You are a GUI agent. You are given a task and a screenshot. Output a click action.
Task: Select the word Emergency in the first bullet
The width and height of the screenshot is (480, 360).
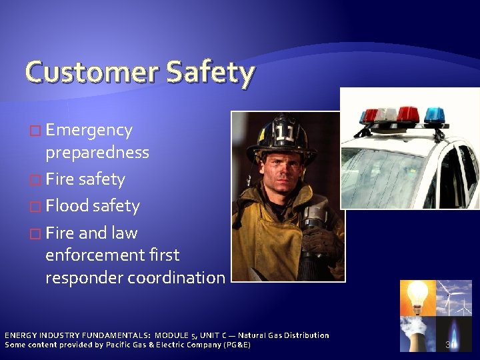tap(89, 131)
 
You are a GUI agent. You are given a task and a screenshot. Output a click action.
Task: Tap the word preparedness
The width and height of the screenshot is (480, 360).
tap(97, 153)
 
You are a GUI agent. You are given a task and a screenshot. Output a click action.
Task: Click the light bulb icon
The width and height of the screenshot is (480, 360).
tap(417, 297)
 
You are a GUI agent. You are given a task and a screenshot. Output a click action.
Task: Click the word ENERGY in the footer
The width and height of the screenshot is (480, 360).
tap(21, 335)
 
